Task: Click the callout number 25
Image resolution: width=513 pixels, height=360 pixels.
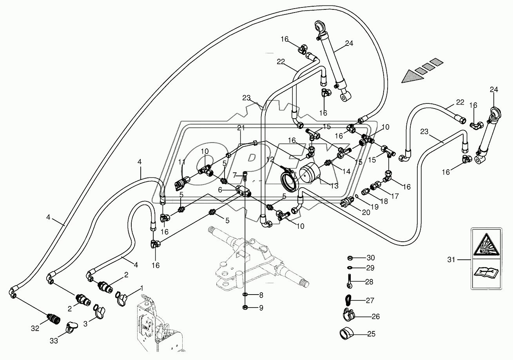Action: click(x=371, y=334)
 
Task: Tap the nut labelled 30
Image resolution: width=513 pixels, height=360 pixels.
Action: click(x=350, y=258)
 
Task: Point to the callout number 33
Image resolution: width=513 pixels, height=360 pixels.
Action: click(x=54, y=341)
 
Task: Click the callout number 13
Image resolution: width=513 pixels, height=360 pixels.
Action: click(x=334, y=186)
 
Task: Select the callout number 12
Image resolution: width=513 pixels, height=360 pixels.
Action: click(x=269, y=159)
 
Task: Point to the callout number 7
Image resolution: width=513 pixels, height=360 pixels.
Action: click(x=234, y=174)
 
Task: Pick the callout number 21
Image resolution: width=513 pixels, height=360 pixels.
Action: click(x=241, y=128)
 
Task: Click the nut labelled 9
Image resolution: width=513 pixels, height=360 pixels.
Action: click(x=245, y=307)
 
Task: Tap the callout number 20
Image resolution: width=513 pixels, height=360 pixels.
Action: click(x=366, y=213)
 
